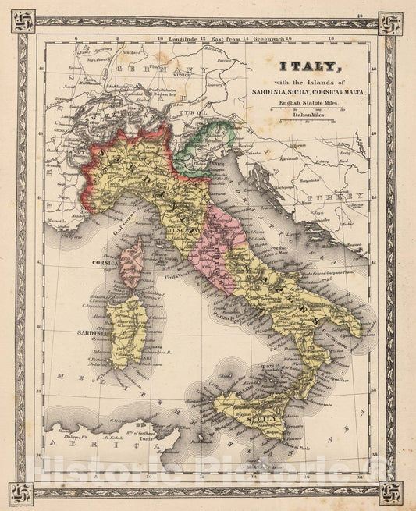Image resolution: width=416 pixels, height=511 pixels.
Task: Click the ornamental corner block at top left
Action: pos(22,23)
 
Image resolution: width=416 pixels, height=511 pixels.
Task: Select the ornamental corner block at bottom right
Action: pos(391,492)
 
